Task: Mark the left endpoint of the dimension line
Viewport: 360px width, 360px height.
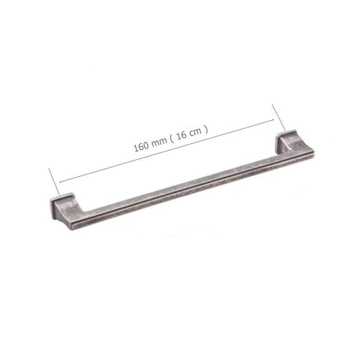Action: (58, 182)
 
